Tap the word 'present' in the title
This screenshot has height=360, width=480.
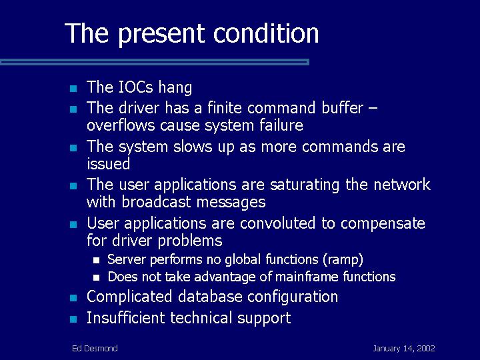point(161,35)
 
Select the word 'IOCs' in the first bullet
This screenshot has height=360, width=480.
point(135,87)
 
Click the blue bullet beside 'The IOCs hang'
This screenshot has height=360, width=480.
point(73,89)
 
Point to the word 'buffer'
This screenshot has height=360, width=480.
point(342,107)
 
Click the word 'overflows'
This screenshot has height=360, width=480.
point(121,125)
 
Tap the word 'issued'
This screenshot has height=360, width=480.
point(109,163)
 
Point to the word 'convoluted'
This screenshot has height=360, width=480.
point(277,223)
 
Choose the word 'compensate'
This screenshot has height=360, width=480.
point(383,224)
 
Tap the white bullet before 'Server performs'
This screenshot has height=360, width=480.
point(97,261)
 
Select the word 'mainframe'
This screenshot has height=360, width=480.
point(307,277)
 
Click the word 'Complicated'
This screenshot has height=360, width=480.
point(129,297)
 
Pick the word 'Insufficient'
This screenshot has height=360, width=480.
point(126,317)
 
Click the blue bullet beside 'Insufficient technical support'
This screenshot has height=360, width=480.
point(73,319)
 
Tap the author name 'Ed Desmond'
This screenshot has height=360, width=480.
point(95,349)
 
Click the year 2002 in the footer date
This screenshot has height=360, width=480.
point(426,349)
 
